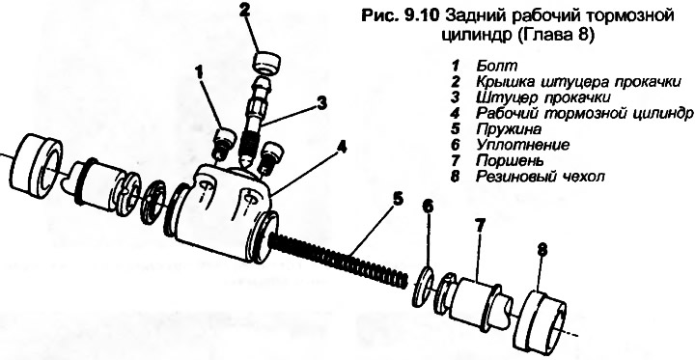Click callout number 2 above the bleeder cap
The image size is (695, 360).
[243, 11]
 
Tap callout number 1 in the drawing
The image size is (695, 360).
[200, 72]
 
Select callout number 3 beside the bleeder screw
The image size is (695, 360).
[321, 103]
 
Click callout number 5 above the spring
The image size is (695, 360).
[398, 199]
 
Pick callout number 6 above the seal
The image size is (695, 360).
[429, 208]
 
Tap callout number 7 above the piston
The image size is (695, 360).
[480, 227]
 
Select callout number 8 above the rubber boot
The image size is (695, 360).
[542, 251]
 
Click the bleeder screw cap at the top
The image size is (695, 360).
[266, 62]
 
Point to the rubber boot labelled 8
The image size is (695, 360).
[543, 316]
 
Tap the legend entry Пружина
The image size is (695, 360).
[509, 129]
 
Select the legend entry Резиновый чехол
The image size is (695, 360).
[541, 177]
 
